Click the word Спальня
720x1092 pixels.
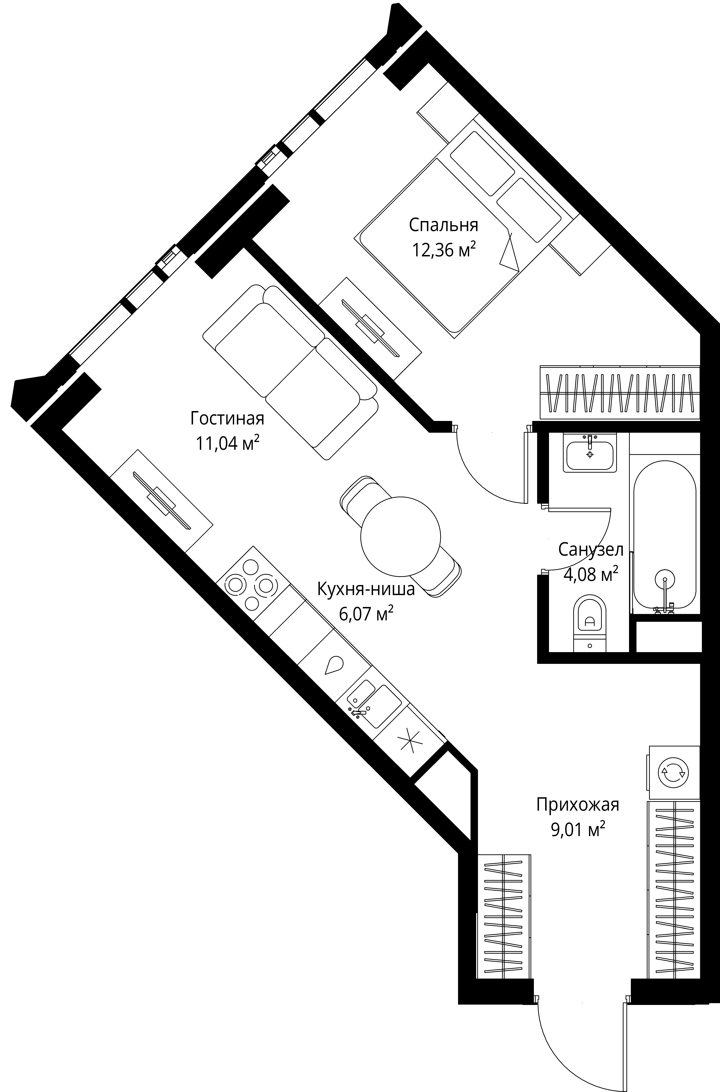point(443,225)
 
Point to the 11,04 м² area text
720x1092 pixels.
point(227,444)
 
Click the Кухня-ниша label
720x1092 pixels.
point(366,589)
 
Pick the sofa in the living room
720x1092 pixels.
point(290,372)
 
